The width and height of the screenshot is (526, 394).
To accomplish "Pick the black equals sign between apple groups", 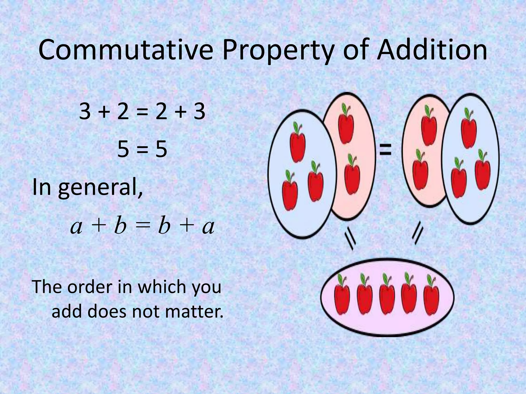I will [386, 150].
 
